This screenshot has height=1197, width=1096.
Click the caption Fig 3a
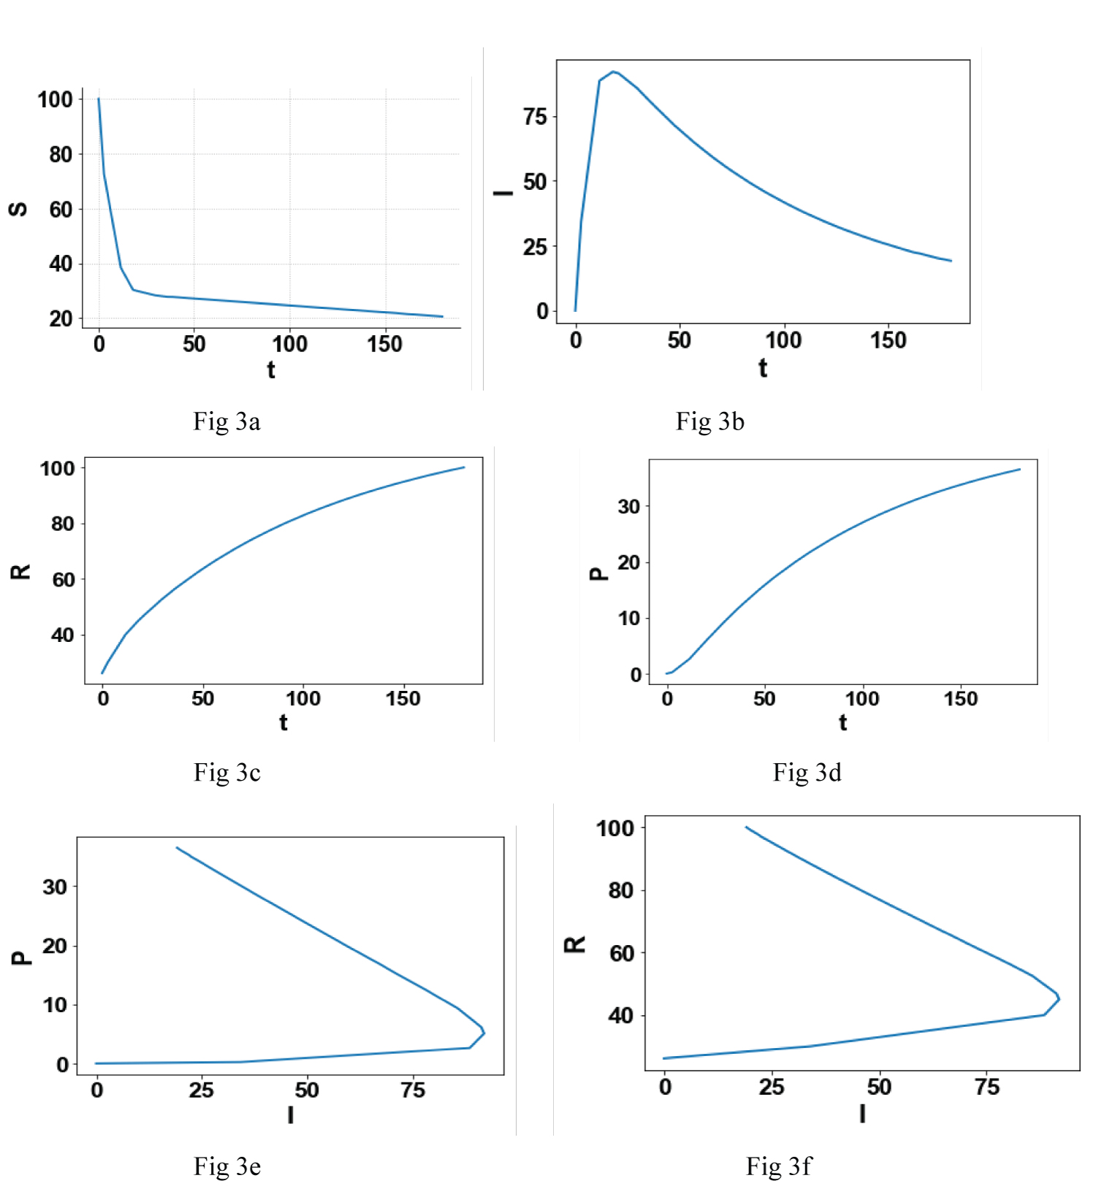pos(227,421)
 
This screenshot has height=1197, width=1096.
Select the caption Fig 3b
pos(709,421)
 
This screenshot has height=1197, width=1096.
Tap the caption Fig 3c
pos(227,772)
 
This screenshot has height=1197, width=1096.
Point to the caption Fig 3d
pos(807,772)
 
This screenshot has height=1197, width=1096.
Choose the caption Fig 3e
pos(227,1166)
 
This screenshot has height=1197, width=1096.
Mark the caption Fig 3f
pos(778,1166)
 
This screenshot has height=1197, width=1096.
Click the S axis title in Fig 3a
pos(18,210)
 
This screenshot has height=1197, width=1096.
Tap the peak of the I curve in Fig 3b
pos(614,72)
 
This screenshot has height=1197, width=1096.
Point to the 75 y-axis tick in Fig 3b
pos(535,117)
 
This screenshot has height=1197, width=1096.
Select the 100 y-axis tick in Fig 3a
pos(56,99)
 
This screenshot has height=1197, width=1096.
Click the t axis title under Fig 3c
pos(283,722)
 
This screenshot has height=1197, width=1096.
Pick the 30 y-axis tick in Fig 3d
pos(628,507)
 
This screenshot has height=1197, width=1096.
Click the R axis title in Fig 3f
pos(575,944)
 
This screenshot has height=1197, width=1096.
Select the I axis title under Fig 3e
pos(290,1114)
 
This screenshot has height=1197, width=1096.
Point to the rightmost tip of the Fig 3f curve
pos(1059,998)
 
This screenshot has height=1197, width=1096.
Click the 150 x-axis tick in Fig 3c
pos(403,699)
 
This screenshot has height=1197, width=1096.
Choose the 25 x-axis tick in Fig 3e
pos(201,1090)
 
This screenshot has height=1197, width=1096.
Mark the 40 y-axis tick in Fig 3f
pos(621,1015)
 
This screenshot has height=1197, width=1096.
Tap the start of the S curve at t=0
pos(99,99)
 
